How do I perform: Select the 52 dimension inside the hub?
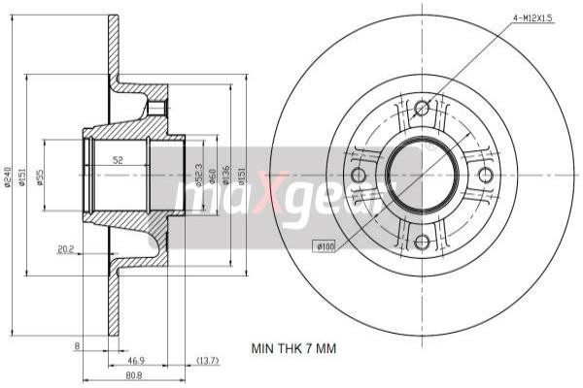[118, 160]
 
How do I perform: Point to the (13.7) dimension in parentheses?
[208, 360]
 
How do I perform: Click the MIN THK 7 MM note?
[292, 348]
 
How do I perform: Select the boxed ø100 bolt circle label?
[324, 247]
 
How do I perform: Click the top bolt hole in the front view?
[421, 109]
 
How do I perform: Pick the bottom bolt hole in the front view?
[421, 242]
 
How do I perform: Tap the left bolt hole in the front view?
[357, 176]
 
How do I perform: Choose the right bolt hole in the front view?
[487, 176]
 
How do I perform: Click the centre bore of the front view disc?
[421, 176]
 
